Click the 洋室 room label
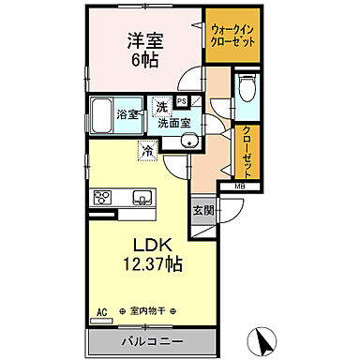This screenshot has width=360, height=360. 145,41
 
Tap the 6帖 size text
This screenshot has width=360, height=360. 145,63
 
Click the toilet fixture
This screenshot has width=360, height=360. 247,91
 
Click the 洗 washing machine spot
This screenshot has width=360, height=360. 161,106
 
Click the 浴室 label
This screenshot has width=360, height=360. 128,115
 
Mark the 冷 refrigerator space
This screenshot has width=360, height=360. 147,149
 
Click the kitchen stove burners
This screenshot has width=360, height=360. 102,197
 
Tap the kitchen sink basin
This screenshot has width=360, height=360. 142,197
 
